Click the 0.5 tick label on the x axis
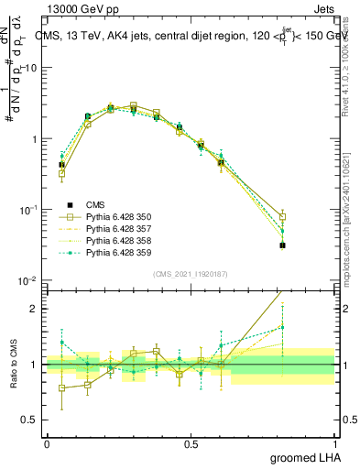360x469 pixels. pos(191,442)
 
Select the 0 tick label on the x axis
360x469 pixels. pos(47,442)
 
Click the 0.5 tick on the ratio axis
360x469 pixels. pos(32,420)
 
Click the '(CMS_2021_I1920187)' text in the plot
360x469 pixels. pos(191,274)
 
